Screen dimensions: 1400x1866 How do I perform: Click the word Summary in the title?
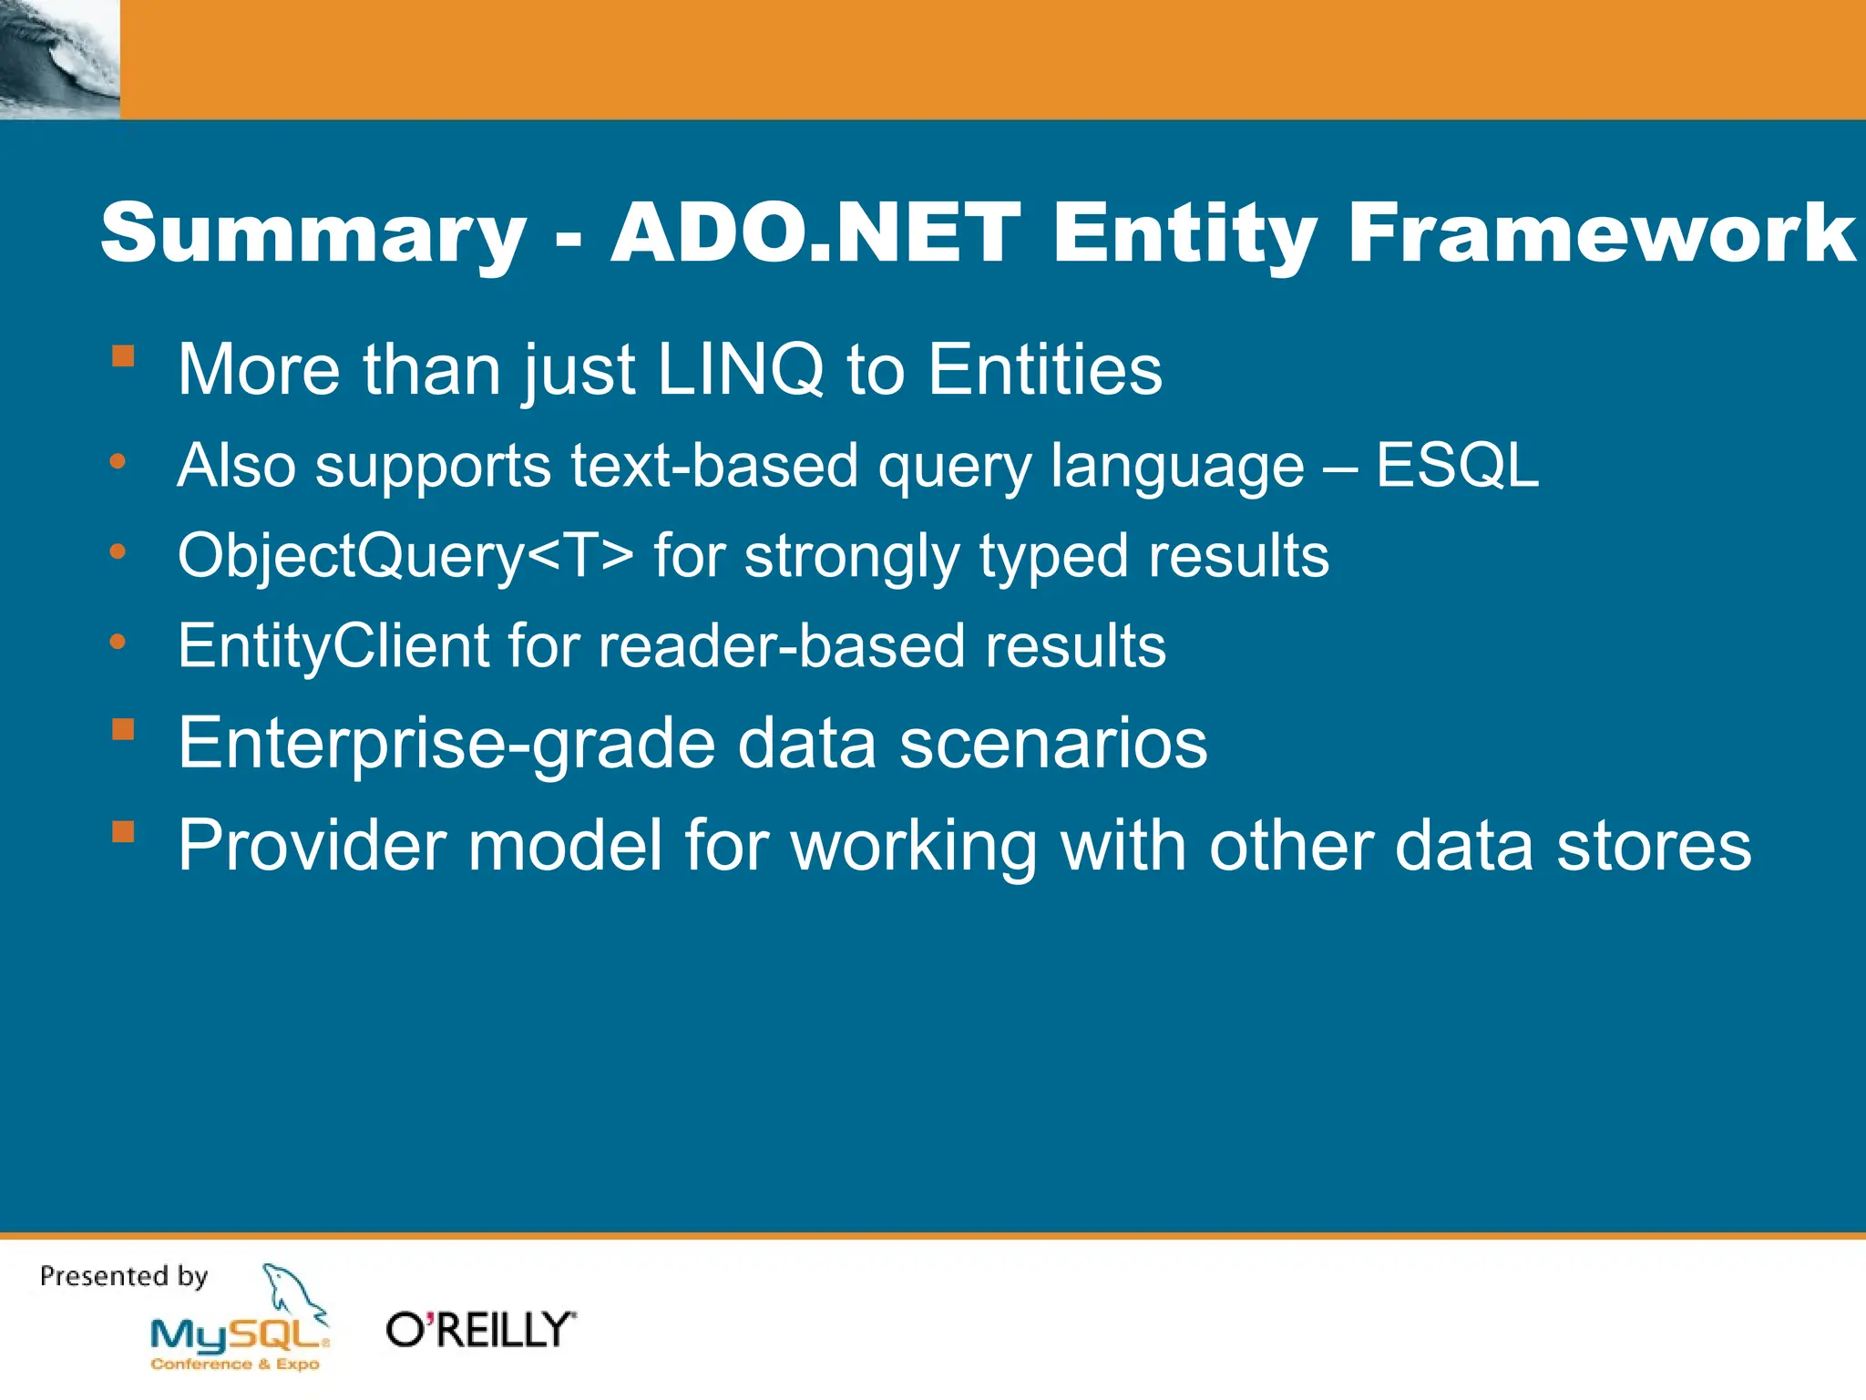coord(313,234)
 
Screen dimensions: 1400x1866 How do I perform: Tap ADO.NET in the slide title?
coord(815,232)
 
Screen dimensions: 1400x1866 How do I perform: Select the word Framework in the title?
coord(1601,232)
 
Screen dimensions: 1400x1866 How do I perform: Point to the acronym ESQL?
coord(1457,466)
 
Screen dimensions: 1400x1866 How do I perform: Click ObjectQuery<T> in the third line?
coord(405,556)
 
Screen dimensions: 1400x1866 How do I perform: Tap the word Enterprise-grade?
coord(446,744)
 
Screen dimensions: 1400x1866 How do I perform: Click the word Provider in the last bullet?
coord(311,846)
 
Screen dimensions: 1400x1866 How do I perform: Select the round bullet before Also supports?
coord(118,462)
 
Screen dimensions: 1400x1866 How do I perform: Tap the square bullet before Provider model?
coord(123,831)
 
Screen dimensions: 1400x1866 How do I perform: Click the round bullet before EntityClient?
coord(118,643)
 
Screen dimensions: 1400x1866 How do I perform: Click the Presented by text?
coord(124,1276)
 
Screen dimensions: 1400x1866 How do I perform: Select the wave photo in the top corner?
coord(59,59)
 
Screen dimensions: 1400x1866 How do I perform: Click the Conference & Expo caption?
coord(235,1364)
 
